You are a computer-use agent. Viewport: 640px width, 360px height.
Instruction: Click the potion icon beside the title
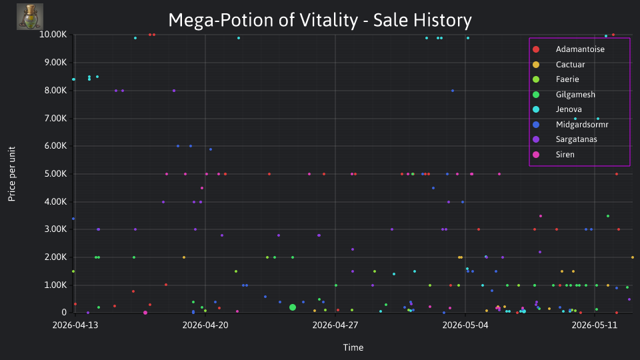[x=30, y=17]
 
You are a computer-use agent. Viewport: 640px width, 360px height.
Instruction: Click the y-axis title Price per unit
[x=12, y=174]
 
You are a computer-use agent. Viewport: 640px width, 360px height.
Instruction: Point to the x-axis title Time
[x=353, y=347]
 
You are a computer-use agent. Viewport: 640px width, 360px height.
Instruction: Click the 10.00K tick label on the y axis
[x=53, y=35]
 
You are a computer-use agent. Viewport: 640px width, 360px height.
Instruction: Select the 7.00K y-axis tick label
[x=55, y=119]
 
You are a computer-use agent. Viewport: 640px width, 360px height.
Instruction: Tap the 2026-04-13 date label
[x=75, y=325]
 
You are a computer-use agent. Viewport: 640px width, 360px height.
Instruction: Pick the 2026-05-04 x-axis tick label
[x=465, y=325]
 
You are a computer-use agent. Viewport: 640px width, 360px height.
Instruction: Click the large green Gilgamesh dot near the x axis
[x=293, y=307]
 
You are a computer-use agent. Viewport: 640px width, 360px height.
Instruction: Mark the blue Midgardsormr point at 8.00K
[x=453, y=91]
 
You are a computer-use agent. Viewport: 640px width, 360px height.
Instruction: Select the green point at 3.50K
[x=608, y=216]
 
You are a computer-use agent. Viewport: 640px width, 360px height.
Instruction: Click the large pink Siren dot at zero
[x=145, y=313]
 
